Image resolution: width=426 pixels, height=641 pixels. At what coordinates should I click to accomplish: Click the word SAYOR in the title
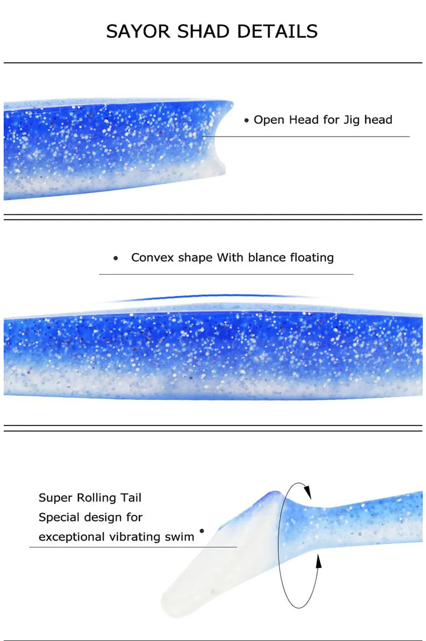pyautogui.click(x=138, y=32)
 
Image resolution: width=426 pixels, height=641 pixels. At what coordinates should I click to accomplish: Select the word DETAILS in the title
pyautogui.click(x=277, y=32)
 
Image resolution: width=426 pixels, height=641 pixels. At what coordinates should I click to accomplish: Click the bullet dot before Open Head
pyautogui.click(x=246, y=120)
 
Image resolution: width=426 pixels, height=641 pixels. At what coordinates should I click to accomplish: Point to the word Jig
pyautogui.click(x=351, y=120)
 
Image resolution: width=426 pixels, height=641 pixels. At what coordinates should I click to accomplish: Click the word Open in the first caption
pyautogui.click(x=269, y=120)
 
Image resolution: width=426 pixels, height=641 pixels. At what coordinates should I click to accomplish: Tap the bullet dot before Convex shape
pyautogui.click(x=116, y=258)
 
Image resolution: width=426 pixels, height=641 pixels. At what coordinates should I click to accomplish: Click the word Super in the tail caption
pyautogui.click(x=55, y=498)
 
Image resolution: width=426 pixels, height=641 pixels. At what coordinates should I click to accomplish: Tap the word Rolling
pyautogui.click(x=96, y=498)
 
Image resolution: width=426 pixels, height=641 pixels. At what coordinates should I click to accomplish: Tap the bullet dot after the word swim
pyautogui.click(x=202, y=531)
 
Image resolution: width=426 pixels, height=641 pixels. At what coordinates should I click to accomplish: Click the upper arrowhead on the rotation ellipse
pyautogui.click(x=307, y=491)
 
